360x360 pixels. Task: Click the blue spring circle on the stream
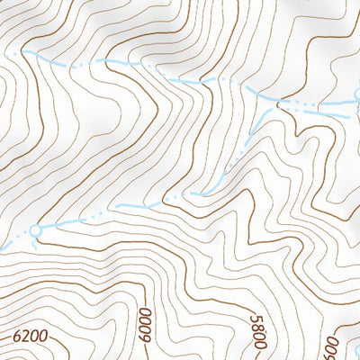[x=36, y=231]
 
